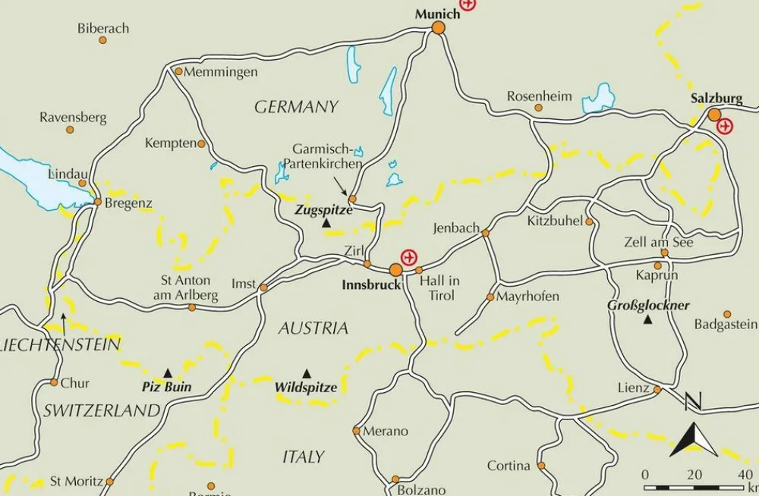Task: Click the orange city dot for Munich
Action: (438, 28)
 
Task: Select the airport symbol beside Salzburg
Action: (726, 126)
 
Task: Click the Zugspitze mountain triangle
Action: (326, 223)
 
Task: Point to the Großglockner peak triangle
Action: (647, 320)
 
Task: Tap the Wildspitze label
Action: (305, 388)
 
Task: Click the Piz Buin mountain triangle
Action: (168, 372)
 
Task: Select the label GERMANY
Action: (296, 107)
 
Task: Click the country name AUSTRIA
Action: (313, 328)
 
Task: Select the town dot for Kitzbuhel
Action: (589, 221)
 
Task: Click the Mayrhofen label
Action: (528, 297)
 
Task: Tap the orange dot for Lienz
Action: (657, 390)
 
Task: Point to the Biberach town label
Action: (103, 28)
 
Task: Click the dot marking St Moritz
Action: (109, 482)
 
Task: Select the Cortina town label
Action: (508, 466)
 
